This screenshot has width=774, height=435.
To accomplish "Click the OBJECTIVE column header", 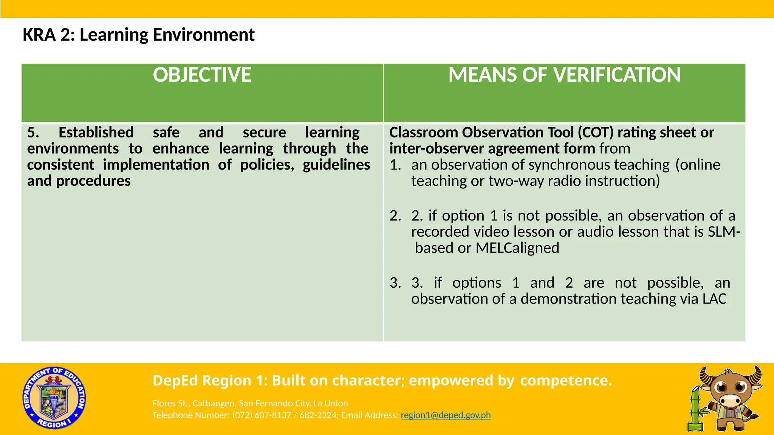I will click(x=202, y=75).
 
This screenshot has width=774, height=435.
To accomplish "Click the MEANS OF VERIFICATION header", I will click(x=564, y=75).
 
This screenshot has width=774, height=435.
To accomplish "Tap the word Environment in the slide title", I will click(x=204, y=35).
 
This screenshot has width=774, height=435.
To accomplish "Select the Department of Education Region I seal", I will click(x=54, y=398).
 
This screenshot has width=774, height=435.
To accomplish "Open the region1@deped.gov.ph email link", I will click(x=446, y=415).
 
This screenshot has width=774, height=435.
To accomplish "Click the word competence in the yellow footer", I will click(x=566, y=380).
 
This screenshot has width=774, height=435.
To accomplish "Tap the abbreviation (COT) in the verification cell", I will click(x=595, y=133).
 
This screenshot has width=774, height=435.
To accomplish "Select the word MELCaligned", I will click(x=517, y=248).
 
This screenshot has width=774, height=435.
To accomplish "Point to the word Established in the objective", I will click(x=96, y=133).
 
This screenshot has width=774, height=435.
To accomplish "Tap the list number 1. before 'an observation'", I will click(x=395, y=165).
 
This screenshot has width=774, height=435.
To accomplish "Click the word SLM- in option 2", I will click(x=724, y=231).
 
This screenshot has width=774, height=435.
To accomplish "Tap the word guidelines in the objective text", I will click(x=336, y=165).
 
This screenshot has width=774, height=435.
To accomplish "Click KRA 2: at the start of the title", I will click(x=49, y=35).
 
